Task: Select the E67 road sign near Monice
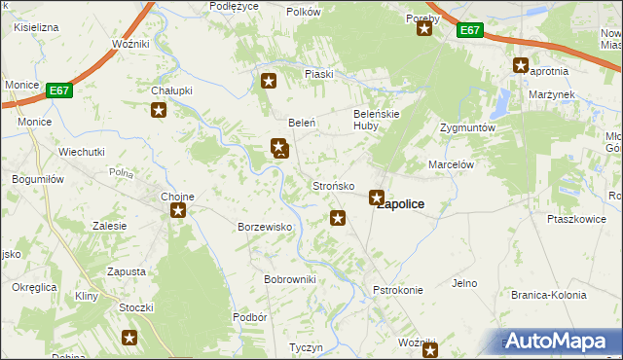click(59, 90)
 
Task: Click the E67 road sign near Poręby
click(470, 31)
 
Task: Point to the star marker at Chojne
click(177, 210)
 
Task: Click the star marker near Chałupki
click(159, 110)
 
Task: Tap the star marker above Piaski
click(269, 82)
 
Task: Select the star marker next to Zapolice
click(376, 198)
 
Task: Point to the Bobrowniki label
click(290, 279)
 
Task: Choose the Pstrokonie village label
click(398, 290)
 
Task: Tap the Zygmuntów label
click(468, 127)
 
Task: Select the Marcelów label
click(451, 165)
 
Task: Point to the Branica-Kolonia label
click(549, 295)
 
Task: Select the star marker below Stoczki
click(129, 338)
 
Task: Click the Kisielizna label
click(36, 27)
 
